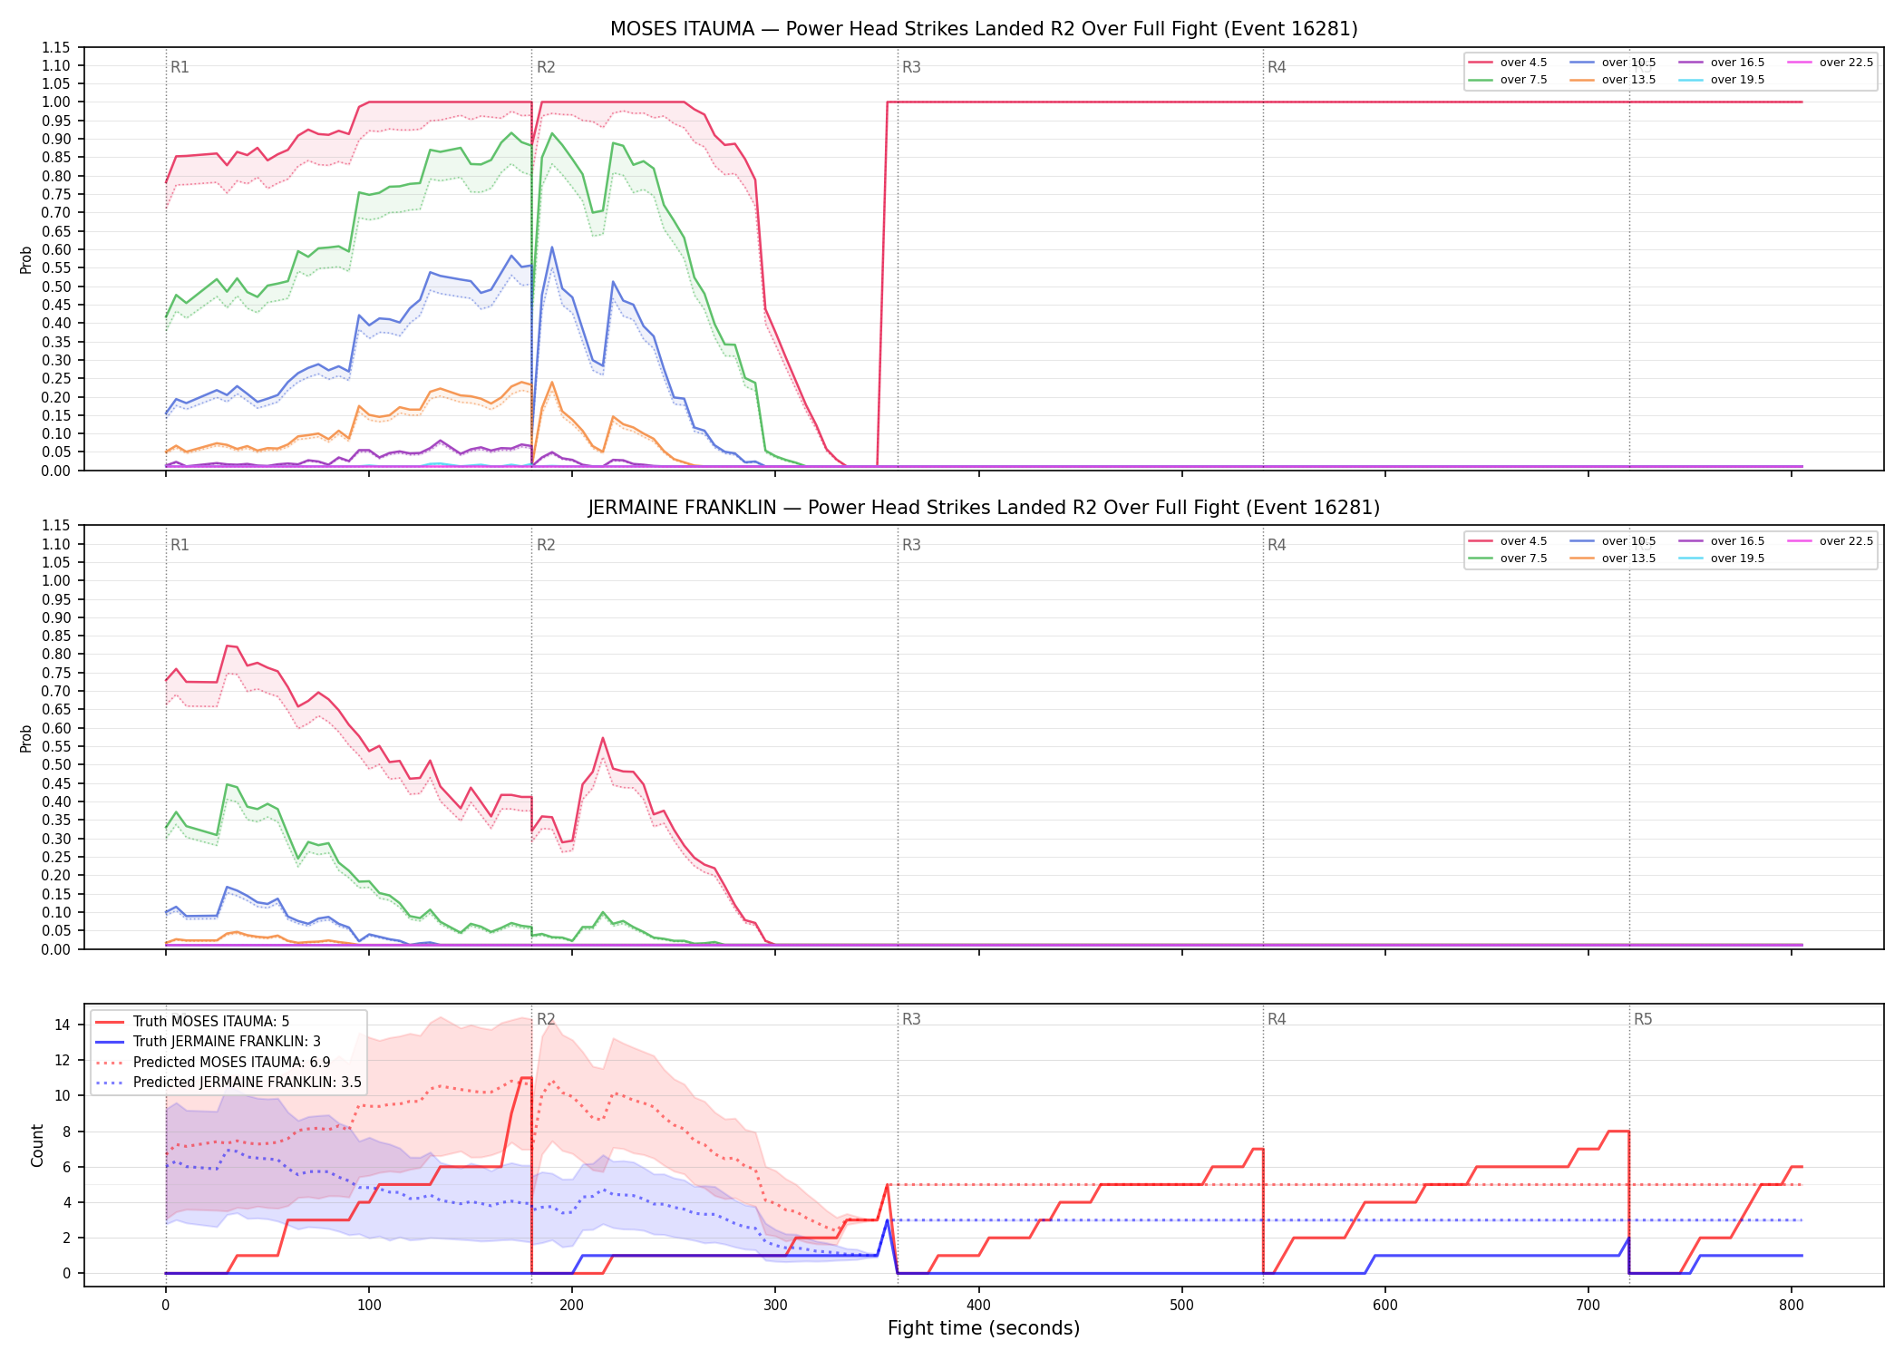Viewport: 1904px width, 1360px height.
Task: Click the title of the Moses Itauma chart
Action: point(984,29)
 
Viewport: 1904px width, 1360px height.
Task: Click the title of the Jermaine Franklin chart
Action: point(984,508)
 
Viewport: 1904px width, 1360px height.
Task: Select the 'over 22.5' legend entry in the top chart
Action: point(1831,63)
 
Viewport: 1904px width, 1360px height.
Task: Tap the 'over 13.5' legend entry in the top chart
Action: point(1613,80)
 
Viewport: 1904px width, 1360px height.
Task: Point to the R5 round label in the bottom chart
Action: point(1643,1019)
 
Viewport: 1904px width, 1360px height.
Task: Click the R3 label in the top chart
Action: point(911,67)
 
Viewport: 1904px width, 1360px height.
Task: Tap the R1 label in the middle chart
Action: point(180,545)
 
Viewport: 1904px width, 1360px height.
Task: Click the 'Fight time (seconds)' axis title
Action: point(984,1328)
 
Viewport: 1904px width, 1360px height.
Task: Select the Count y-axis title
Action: point(37,1145)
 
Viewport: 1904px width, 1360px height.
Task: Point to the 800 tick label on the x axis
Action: point(1792,1306)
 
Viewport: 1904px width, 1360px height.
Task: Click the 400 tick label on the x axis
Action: point(978,1306)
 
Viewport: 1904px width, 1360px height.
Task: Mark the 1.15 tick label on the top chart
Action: point(55,47)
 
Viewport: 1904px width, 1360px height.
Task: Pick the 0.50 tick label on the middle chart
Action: point(55,765)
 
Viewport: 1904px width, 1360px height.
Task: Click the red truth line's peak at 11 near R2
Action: point(526,1078)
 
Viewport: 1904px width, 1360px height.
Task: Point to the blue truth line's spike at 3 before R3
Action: point(887,1220)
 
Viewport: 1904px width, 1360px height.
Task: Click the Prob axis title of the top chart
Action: point(26,260)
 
